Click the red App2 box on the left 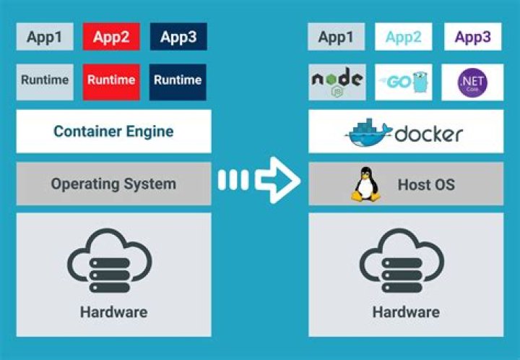tap(110, 37)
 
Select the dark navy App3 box tap(178, 37)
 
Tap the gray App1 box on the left tap(45, 37)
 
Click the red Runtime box tap(110, 80)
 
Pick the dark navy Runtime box tap(178, 80)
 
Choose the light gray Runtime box tap(45, 80)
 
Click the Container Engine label tap(113, 132)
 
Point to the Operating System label tap(113, 184)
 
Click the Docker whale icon tap(368, 133)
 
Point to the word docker tap(429, 134)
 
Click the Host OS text tap(426, 184)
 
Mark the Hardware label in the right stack tap(406, 312)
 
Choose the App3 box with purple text tap(473, 37)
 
